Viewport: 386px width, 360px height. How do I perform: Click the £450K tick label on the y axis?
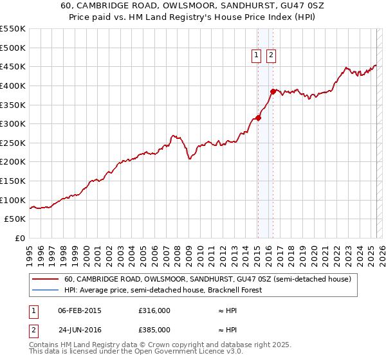click(13, 66)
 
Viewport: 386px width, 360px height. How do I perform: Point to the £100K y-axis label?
click(13, 200)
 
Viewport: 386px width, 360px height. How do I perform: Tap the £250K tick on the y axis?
click(13, 143)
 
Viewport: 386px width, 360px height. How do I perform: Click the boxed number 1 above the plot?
click(257, 56)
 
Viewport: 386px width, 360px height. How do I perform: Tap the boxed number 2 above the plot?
click(271, 56)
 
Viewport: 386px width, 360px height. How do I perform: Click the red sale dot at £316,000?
click(258, 118)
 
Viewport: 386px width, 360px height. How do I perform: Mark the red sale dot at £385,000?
click(273, 91)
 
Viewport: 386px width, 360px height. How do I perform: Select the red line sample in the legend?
click(45, 279)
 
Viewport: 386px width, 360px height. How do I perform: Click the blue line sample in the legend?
click(45, 290)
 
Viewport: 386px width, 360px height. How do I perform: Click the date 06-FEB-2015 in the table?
click(79, 310)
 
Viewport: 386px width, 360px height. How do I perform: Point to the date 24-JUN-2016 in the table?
click(79, 330)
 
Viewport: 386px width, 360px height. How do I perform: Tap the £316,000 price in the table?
click(154, 310)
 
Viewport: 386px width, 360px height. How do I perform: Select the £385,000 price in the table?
click(154, 330)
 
